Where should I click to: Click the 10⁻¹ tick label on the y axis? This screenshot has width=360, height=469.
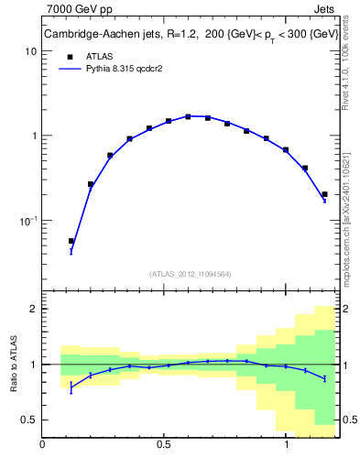click(x=27, y=221)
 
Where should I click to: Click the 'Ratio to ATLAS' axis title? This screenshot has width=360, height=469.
click(x=12, y=363)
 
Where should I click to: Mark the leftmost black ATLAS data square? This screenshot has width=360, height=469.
click(x=71, y=241)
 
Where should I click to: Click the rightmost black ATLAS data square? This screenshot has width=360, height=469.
click(x=324, y=194)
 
